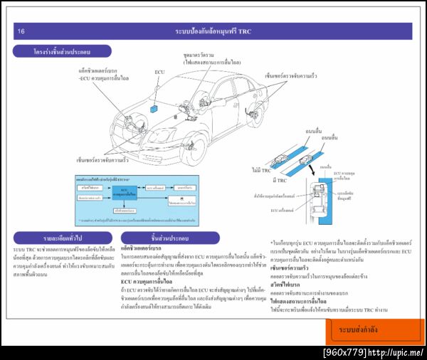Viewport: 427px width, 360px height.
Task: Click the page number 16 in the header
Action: (21, 31)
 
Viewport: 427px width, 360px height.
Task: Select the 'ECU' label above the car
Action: (159, 73)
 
